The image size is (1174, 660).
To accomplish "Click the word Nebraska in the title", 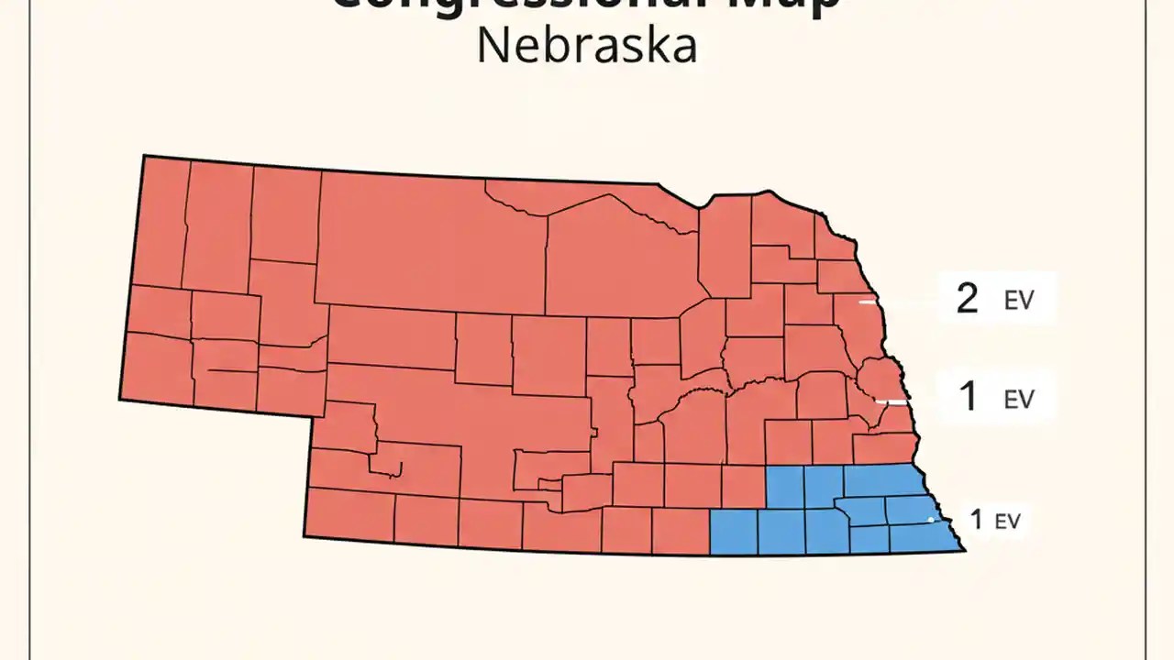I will (586, 46).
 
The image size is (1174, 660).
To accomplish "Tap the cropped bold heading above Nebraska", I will (586, 5).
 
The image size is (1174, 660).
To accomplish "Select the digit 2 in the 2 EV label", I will (967, 299).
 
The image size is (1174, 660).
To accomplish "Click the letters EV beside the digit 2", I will (1018, 301).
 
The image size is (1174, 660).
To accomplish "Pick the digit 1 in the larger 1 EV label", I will (968, 397).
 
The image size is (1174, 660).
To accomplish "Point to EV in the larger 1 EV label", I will (1019, 399).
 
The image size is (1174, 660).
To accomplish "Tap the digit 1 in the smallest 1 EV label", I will (976, 520).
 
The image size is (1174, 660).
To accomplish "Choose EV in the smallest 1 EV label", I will (1007, 522).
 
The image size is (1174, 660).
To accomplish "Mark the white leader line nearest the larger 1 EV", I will (892, 401).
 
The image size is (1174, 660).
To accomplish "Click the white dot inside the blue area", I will (931, 520).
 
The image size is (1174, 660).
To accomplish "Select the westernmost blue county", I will (734, 533).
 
